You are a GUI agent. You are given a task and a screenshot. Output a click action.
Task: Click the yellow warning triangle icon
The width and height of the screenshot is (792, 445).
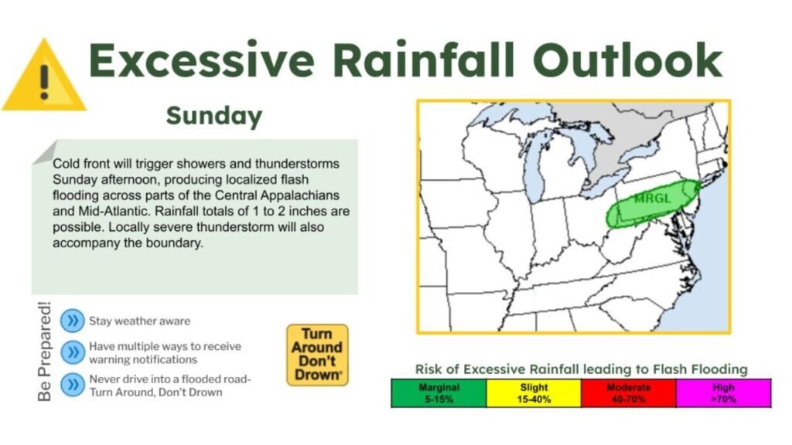(x=43, y=78)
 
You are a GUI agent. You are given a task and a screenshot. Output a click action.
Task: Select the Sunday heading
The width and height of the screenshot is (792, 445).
(x=214, y=117)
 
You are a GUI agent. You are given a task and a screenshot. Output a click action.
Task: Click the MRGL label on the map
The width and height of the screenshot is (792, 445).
(x=651, y=198)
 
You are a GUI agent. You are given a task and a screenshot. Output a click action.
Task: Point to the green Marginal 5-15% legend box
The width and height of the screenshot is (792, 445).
(x=439, y=393)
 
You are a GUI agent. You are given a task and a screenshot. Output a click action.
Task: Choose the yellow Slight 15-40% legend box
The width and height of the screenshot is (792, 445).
(x=534, y=393)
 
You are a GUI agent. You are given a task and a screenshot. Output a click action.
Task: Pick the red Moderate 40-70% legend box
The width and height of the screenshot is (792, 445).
(x=629, y=393)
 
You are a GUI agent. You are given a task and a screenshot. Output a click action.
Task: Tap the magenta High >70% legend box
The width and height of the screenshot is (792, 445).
(x=723, y=393)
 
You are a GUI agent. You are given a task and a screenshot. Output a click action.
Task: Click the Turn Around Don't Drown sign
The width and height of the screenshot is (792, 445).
(x=317, y=355)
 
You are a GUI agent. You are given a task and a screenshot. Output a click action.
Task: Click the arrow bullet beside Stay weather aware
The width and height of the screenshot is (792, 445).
(x=72, y=321)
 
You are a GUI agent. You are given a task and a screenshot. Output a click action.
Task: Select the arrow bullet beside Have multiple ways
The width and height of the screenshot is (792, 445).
(x=72, y=352)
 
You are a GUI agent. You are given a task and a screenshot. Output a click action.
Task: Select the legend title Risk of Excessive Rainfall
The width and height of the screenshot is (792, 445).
(x=581, y=369)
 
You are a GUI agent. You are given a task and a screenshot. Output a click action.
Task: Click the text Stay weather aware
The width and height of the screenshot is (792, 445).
(x=139, y=321)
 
